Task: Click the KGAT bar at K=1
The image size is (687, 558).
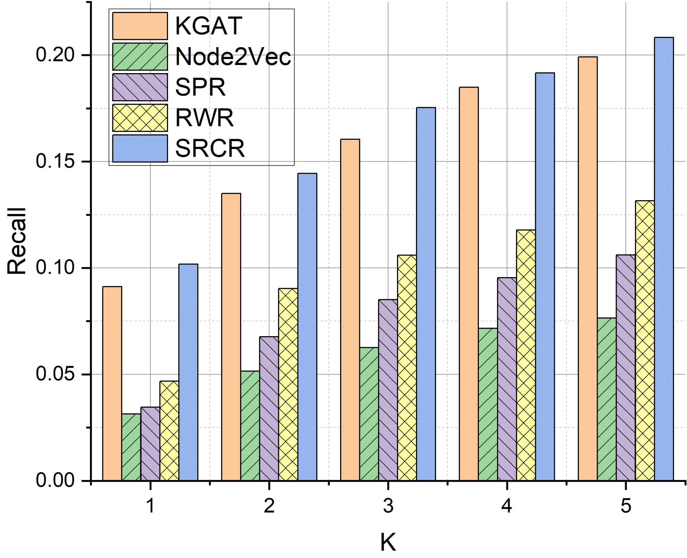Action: point(112,383)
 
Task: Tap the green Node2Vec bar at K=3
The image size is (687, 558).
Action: point(369,414)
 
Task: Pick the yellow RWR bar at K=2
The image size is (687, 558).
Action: point(288,384)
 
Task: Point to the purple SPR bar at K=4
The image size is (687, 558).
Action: point(507,379)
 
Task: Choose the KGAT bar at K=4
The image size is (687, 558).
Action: point(469,284)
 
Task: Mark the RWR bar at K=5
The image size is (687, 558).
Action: point(645,340)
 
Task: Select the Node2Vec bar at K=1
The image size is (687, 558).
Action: point(131,447)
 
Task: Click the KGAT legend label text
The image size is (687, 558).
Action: point(209,26)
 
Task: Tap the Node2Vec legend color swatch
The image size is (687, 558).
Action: point(140,56)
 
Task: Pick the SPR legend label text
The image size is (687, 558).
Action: point(200,87)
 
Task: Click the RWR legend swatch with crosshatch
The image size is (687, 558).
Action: point(140,118)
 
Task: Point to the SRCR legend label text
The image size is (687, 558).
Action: point(210,148)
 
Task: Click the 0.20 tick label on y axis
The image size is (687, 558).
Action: point(55,55)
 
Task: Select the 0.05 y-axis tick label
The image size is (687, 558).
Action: point(55,374)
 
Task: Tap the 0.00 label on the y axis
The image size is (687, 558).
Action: point(55,480)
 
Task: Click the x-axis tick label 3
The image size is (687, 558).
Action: point(388,506)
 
